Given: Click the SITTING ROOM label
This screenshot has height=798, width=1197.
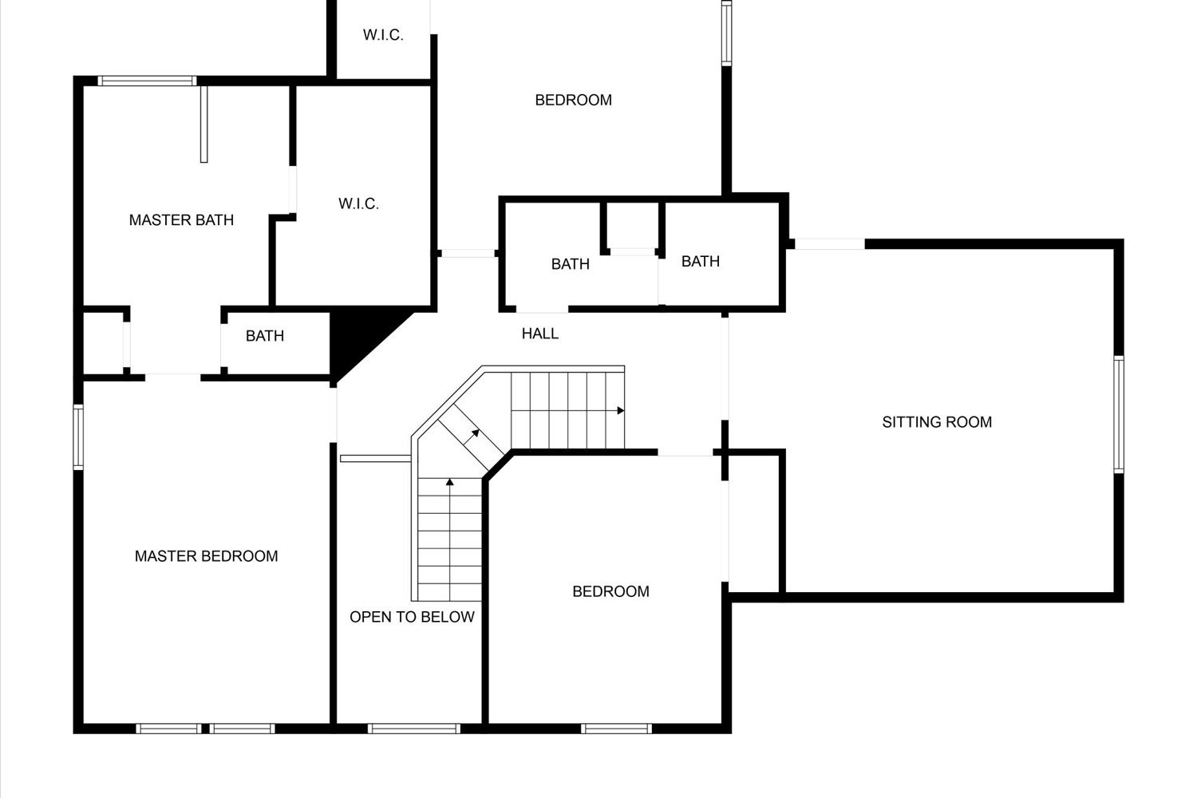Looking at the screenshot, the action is click(937, 422).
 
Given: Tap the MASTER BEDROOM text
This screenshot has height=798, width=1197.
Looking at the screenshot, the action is click(206, 556).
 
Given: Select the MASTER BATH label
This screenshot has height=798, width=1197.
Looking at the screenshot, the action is click(182, 220).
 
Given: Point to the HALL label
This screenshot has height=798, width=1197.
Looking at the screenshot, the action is click(540, 334).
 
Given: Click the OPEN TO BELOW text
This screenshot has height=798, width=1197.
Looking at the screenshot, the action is click(412, 617).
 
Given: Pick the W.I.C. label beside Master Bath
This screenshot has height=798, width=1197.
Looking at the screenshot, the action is click(358, 203).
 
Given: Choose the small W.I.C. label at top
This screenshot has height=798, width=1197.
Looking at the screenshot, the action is click(383, 35).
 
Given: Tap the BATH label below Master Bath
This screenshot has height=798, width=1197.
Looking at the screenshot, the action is click(265, 336).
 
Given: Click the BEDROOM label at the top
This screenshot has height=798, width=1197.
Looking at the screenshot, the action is click(574, 100).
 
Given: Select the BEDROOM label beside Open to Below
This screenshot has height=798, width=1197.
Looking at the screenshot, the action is click(610, 591).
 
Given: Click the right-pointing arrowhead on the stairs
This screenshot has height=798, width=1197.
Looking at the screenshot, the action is click(620, 410).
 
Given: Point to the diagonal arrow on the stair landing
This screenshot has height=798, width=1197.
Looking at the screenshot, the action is click(471, 437).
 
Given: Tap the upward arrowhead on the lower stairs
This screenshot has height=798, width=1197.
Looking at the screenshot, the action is click(450, 482).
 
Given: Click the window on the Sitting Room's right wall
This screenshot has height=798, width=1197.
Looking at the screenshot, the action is click(1119, 414).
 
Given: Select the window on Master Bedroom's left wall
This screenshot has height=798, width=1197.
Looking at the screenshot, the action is click(78, 437).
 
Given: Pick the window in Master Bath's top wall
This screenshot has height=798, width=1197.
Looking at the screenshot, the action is click(147, 81).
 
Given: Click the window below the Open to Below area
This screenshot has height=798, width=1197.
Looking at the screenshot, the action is click(414, 729).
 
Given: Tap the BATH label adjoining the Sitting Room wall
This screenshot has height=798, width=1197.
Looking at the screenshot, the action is click(701, 262).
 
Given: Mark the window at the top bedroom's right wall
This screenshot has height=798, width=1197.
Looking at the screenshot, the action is click(727, 34).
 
